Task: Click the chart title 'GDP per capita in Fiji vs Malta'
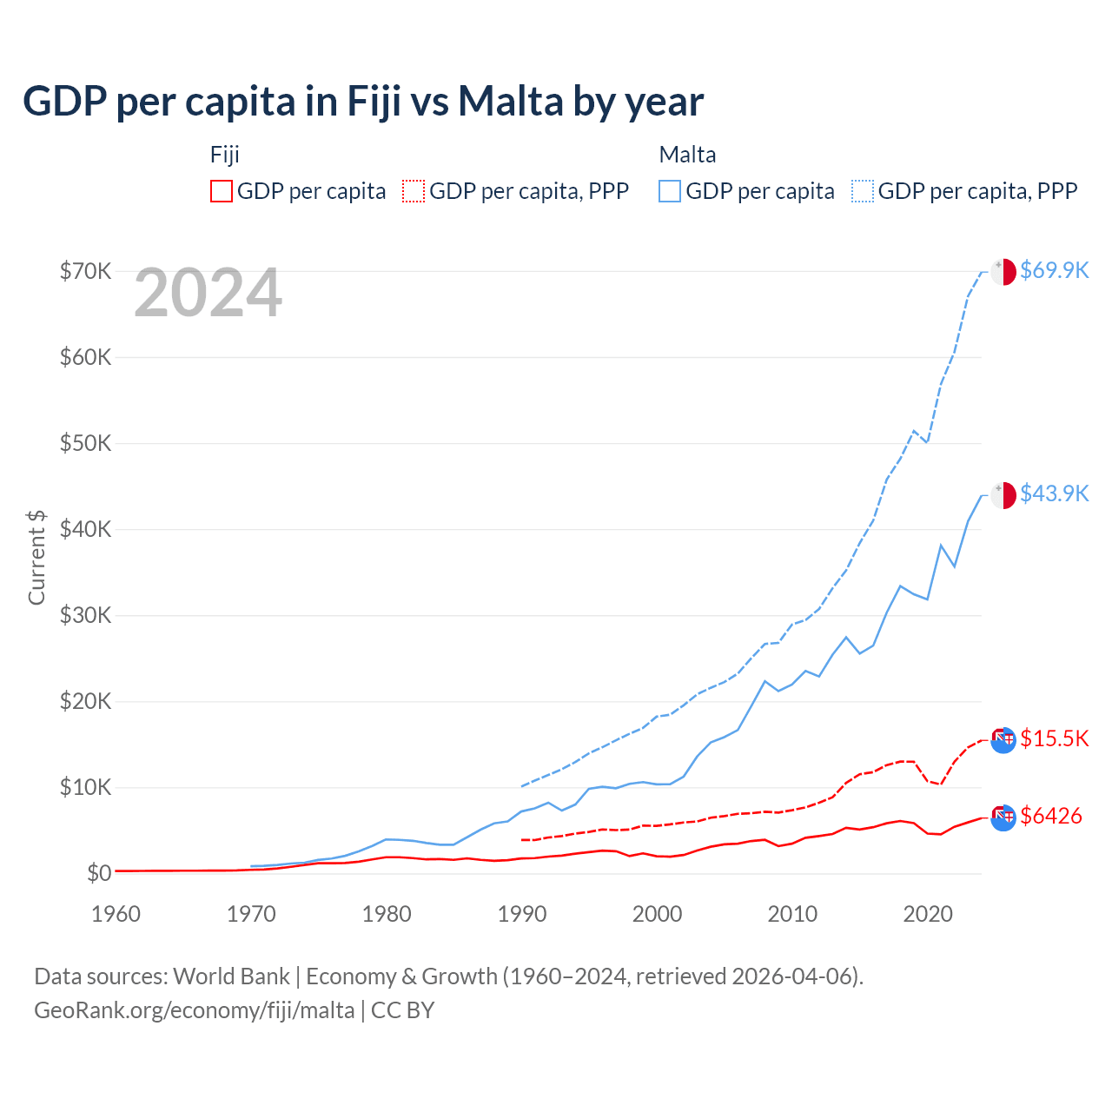click(x=363, y=102)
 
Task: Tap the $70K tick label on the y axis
click(x=85, y=271)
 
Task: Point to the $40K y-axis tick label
click(x=85, y=529)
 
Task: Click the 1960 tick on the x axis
click(x=116, y=914)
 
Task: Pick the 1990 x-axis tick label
click(x=522, y=914)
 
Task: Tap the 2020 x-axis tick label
click(x=928, y=914)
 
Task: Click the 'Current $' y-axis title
click(x=36, y=558)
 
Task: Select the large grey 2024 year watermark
click(x=208, y=294)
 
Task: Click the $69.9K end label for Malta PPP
click(x=1054, y=270)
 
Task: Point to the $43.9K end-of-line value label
click(x=1054, y=493)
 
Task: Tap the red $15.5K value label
click(x=1054, y=738)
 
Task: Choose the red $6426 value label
click(x=1051, y=816)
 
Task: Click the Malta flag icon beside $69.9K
click(x=1003, y=271)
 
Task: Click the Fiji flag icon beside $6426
click(x=1003, y=817)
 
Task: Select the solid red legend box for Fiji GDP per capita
click(x=222, y=191)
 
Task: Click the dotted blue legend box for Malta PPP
click(x=863, y=191)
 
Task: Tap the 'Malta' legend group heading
click(x=687, y=155)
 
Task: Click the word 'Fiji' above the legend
click(x=224, y=155)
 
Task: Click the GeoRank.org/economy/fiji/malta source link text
click(x=195, y=1010)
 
